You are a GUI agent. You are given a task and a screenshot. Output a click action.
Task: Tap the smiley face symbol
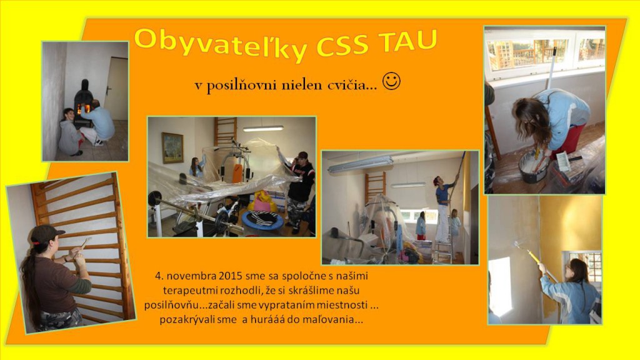click(x=391, y=81)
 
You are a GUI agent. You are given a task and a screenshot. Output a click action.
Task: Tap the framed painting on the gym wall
click(x=172, y=147)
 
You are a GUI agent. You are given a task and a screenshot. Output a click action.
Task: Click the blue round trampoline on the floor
click(x=262, y=221)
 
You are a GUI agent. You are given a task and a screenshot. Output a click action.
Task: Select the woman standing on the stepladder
click(x=443, y=209)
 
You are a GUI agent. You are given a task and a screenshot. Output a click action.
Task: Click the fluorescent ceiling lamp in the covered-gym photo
click(x=263, y=129)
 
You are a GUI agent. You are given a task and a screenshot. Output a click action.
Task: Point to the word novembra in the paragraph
click(x=191, y=276)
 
